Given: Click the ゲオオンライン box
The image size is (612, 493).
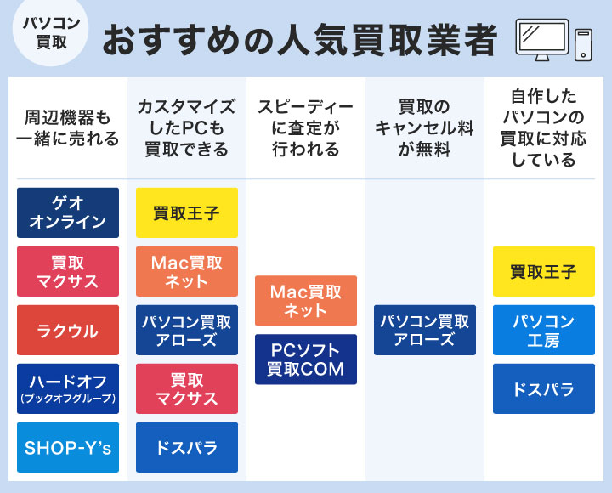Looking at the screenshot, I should pos(68,212).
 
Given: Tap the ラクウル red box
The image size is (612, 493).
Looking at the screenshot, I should pos(68,330).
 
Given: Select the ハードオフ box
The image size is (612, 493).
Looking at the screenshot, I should pos(68,388).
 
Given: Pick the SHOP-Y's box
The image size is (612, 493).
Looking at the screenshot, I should pos(68,447).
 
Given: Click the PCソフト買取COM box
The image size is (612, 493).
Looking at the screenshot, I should pos(306,360).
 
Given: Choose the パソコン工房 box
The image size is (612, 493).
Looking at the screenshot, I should pos(544,330).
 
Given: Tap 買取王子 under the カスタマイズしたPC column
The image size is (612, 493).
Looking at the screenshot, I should pos(187,212).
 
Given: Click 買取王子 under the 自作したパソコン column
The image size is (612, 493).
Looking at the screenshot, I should pos(544,271).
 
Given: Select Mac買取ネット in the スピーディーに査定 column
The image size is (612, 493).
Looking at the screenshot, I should pos(306,301).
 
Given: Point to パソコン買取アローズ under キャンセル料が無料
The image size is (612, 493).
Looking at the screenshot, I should pos(425,330).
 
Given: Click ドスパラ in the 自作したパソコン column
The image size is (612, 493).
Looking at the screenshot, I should pos(544,388).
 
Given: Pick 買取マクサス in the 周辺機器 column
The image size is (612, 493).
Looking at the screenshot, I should pos(68,271).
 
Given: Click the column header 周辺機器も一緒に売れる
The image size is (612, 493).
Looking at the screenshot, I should pos(68,127).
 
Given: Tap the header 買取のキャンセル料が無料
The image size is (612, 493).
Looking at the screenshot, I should pos(425,127).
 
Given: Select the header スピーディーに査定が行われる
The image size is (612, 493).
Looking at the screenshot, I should pos(306,127).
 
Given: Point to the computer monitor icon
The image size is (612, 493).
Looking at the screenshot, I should pos(541,39).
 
